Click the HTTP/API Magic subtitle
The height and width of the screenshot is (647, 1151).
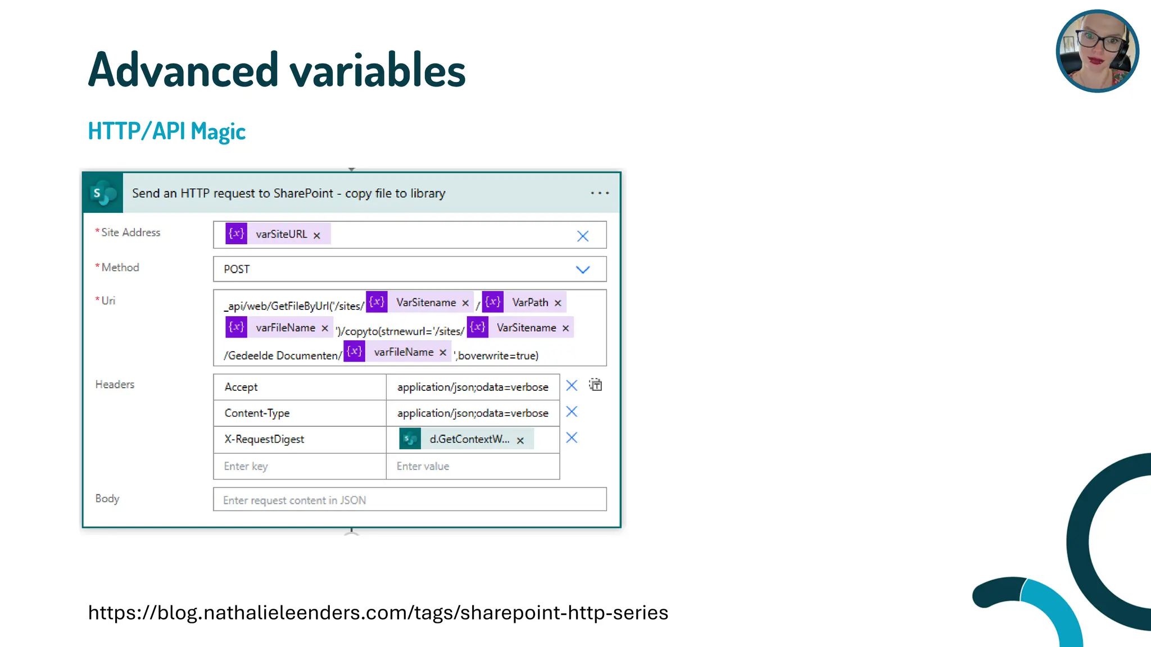[167, 131]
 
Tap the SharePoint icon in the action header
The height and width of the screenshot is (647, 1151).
[103, 193]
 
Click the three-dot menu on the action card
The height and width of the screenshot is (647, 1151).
[600, 193]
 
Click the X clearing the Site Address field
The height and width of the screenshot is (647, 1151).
[583, 236]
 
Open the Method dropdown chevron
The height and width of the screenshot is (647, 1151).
[583, 270]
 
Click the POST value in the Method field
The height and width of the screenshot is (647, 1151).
[237, 270]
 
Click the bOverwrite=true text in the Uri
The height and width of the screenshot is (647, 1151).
[498, 356]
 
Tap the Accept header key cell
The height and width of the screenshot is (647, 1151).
[300, 387]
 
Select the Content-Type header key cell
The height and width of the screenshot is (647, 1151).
[300, 413]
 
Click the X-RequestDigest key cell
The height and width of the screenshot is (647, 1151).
[300, 439]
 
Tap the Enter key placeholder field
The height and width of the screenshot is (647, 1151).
[300, 466]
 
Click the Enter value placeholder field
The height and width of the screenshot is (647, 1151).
[473, 466]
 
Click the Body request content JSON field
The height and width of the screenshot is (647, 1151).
[410, 500]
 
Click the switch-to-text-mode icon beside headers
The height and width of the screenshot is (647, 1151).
[596, 385]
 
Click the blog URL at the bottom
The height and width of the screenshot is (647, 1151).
[378, 613]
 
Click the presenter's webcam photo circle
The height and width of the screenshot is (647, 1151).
[1097, 51]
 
